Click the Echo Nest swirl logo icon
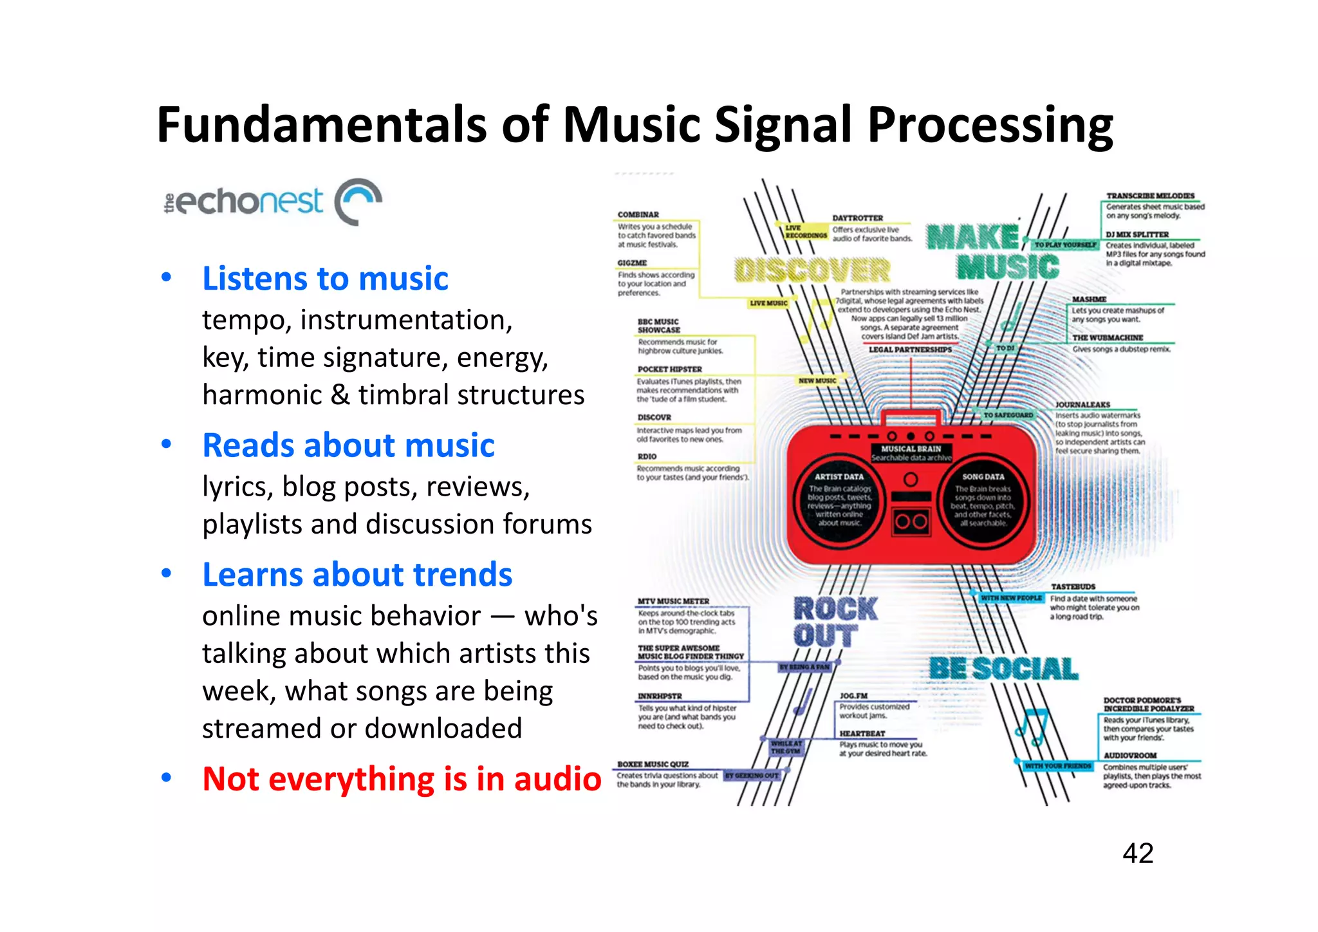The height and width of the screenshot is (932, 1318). [x=358, y=201]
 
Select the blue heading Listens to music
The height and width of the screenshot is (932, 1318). [x=325, y=279]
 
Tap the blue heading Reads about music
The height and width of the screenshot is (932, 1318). [x=348, y=445]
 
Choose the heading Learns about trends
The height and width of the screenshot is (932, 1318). [x=357, y=575]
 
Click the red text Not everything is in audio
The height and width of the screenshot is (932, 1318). [x=402, y=779]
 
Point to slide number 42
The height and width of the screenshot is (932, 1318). [x=1137, y=853]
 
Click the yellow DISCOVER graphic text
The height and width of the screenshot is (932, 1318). [x=812, y=270]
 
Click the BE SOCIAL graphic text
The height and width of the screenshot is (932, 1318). [x=1003, y=669]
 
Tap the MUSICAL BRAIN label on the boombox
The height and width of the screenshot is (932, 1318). [x=911, y=449]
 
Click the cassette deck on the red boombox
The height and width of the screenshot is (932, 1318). [x=911, y=521]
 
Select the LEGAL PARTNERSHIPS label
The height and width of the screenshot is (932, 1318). [x=910, y=349]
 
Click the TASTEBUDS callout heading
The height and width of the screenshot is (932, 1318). [x=1073, y=586]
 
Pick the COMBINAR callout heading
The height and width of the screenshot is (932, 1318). [x=638, y=214]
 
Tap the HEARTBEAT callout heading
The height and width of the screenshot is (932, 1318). [x=862, y=733]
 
